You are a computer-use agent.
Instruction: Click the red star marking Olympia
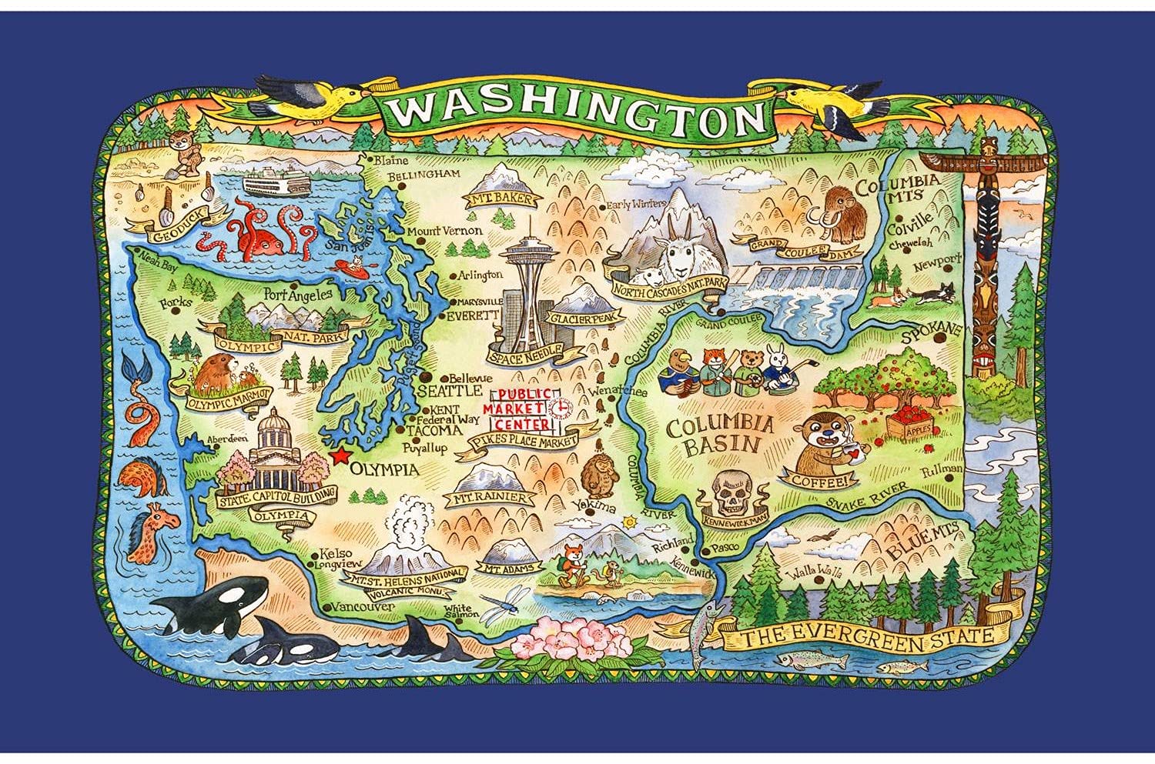coord(339,455)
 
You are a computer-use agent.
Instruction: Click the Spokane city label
coord(933,331)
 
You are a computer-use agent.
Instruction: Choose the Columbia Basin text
coord(720,435)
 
